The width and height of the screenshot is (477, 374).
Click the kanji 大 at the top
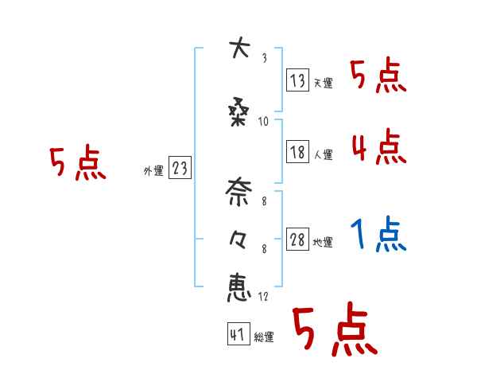click(x=238, y=49)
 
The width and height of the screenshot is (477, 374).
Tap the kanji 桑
click(x=238, y=113)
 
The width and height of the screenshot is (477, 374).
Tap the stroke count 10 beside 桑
click(x=263, y=122)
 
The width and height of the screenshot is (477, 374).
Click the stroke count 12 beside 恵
click(x=263, y=297)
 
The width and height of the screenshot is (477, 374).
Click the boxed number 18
click(x=297, y=153)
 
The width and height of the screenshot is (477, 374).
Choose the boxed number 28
click(x=297, y=240)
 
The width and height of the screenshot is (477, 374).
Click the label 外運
click(x=153, y=171)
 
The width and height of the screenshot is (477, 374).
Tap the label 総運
click(x=263, y=337)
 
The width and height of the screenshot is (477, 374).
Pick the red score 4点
click(x=378, y=147)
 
